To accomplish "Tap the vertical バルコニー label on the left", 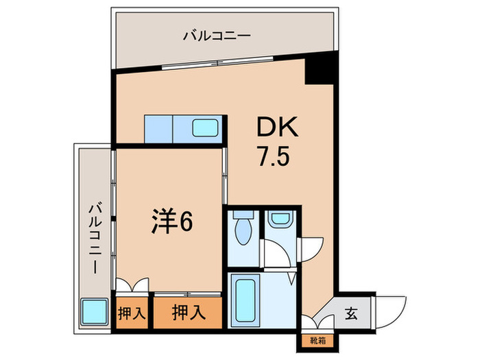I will click(x=95, y=237).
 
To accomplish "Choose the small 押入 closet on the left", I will click(x=132, y=314).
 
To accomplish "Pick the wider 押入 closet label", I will click(x=188, y=313).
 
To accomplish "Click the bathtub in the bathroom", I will click(x=243, y=299).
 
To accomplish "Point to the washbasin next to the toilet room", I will click(x=280, y=220).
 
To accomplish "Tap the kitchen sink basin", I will click(x=205, y=128).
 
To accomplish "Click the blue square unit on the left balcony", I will click(x=94, y=313).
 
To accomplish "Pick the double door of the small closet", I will click(x=131, y=286).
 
